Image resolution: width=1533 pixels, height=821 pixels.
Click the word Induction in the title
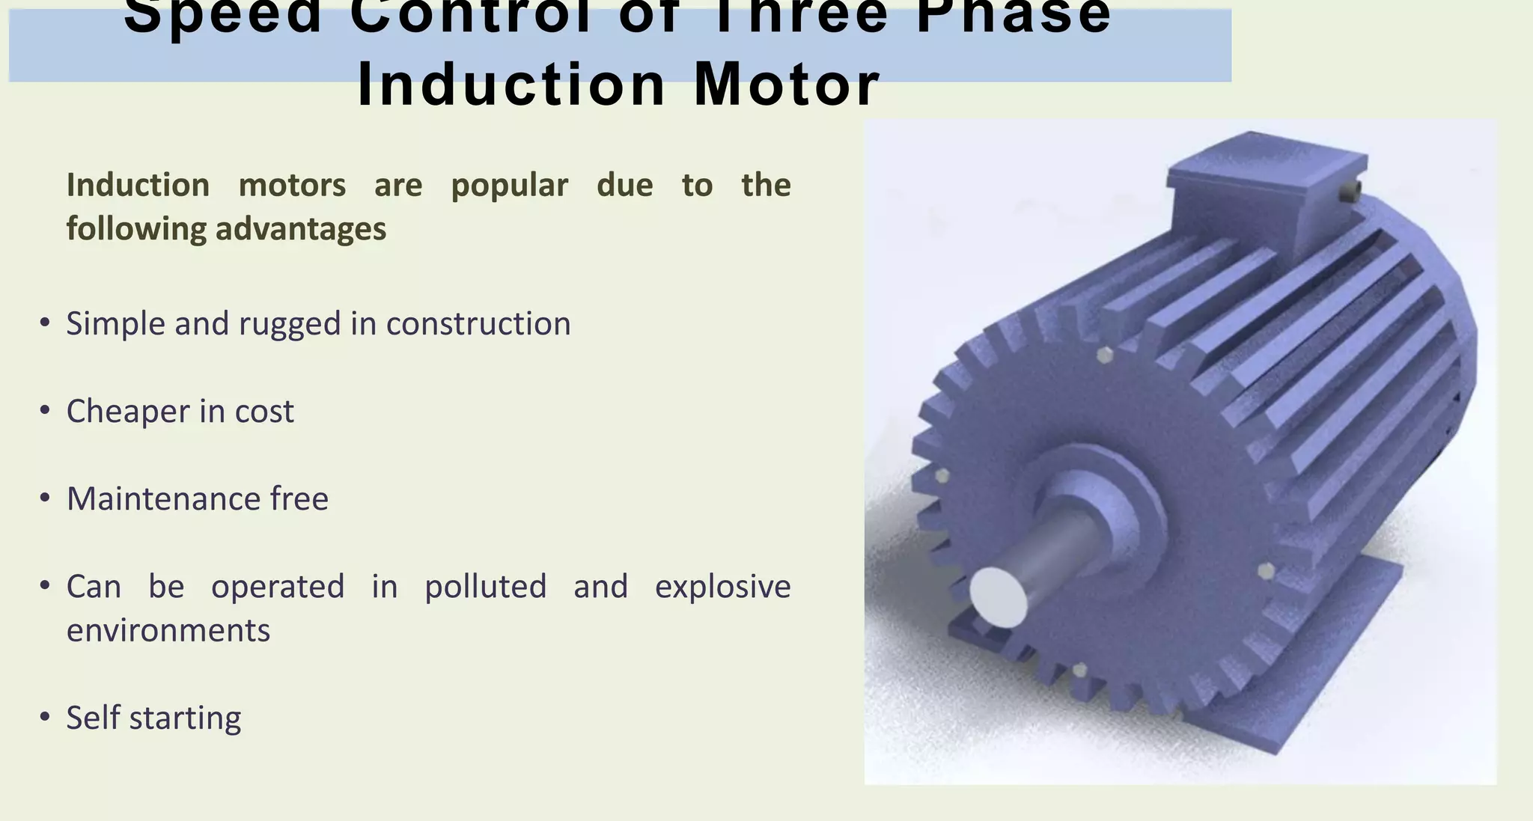pos(511,84)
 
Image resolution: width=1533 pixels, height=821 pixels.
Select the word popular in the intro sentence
pos(509,186)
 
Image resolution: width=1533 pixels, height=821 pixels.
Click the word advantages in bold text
pos(301,228)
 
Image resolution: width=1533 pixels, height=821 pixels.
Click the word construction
pos(478,323)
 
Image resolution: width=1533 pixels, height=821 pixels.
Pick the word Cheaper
pos(127,412)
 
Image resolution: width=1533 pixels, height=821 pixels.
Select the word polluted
pos(485,587)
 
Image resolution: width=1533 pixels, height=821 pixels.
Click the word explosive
pos(722,587)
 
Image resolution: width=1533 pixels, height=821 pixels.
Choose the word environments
pos(168,630)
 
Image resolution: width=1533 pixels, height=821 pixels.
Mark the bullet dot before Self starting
pos(45,717)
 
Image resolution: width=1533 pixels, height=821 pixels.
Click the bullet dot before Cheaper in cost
pos(45,410)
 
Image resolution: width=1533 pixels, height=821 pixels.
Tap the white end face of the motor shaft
pos(999,596)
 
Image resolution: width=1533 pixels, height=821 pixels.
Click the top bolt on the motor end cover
pos(1104,354)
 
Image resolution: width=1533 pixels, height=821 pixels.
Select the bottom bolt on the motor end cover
pos(1079,669)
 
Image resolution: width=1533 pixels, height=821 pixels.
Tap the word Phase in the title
pos(1014,15)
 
